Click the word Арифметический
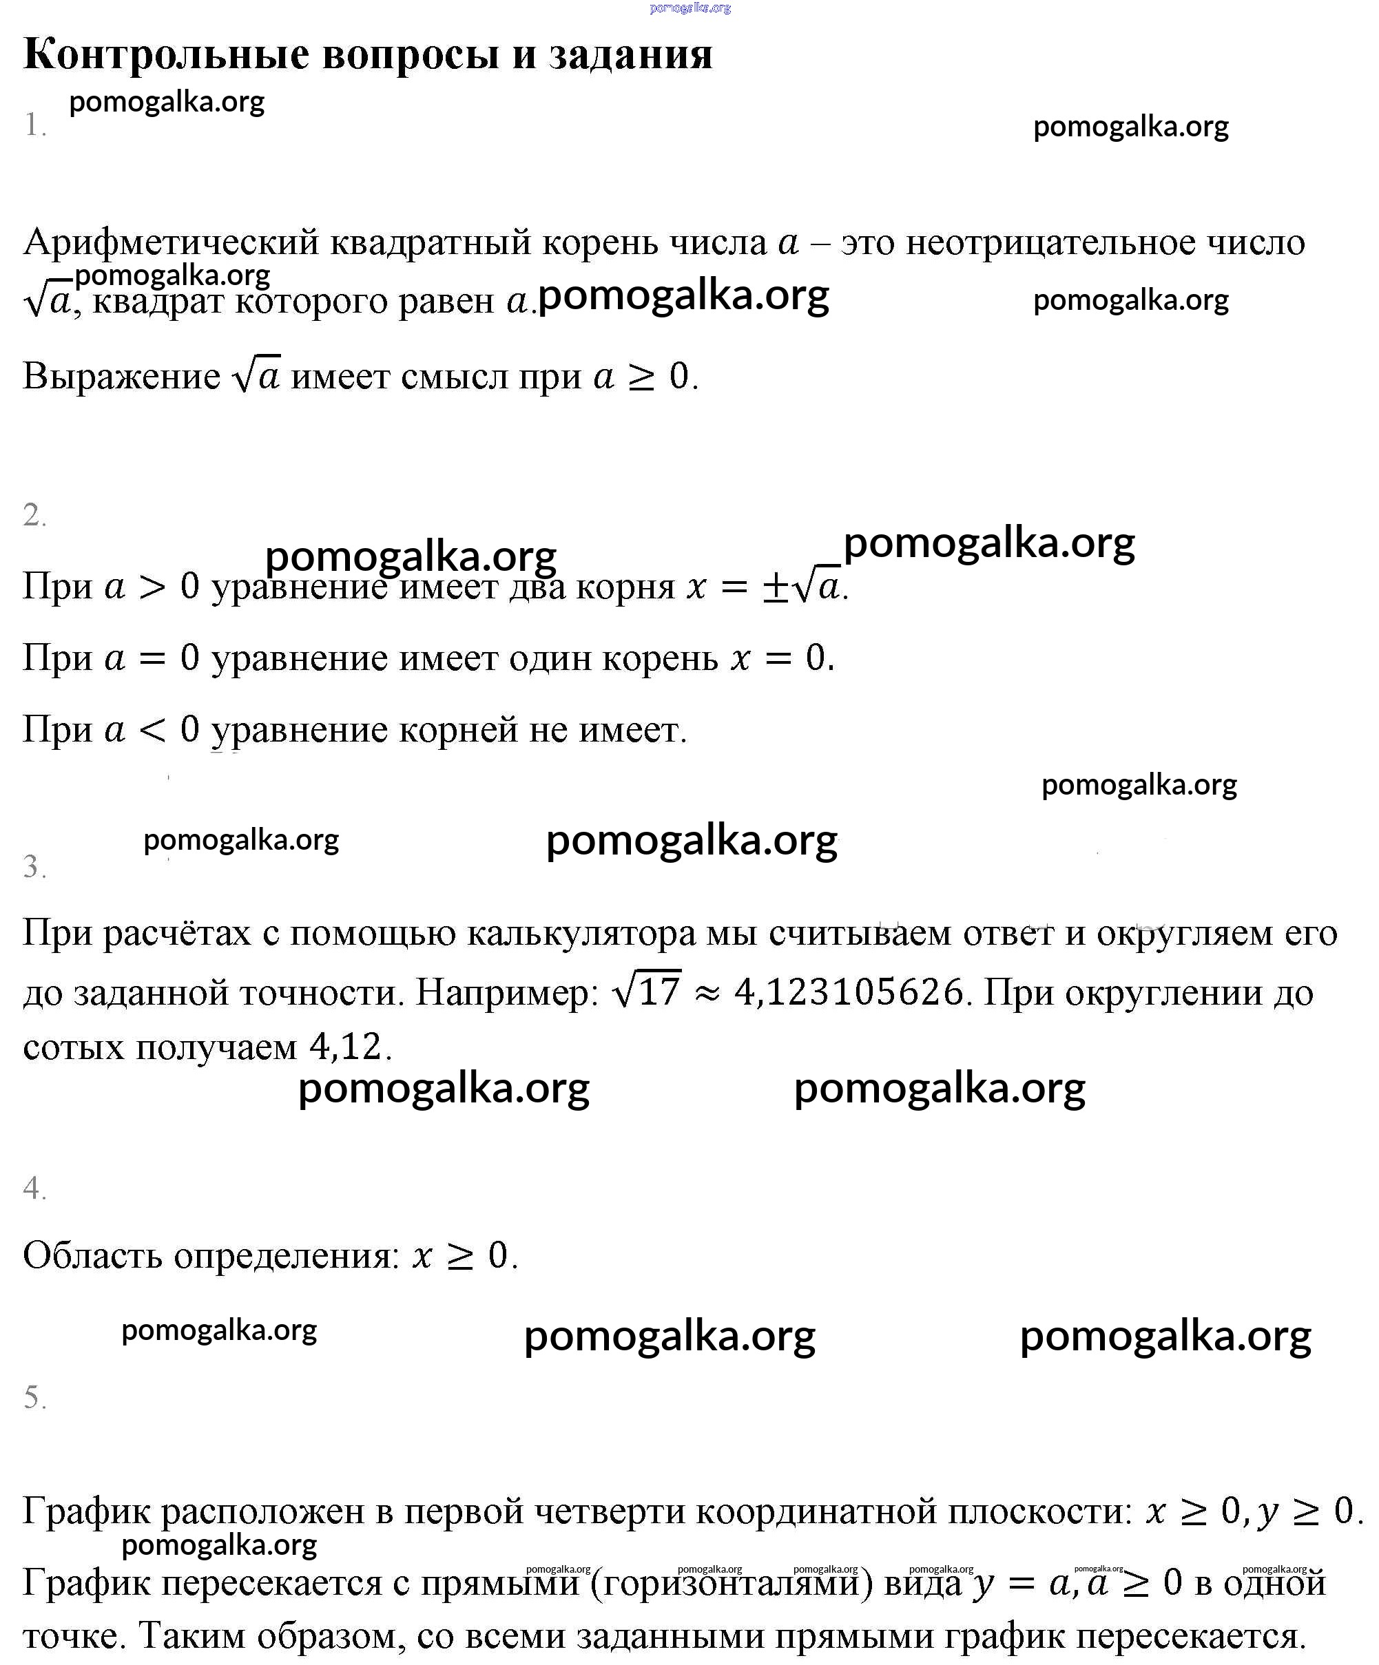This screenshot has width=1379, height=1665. point(171,242)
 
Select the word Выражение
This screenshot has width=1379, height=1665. point(121,376)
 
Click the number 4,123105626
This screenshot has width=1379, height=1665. point(849,992)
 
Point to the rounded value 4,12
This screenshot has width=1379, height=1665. point(346,1047)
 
